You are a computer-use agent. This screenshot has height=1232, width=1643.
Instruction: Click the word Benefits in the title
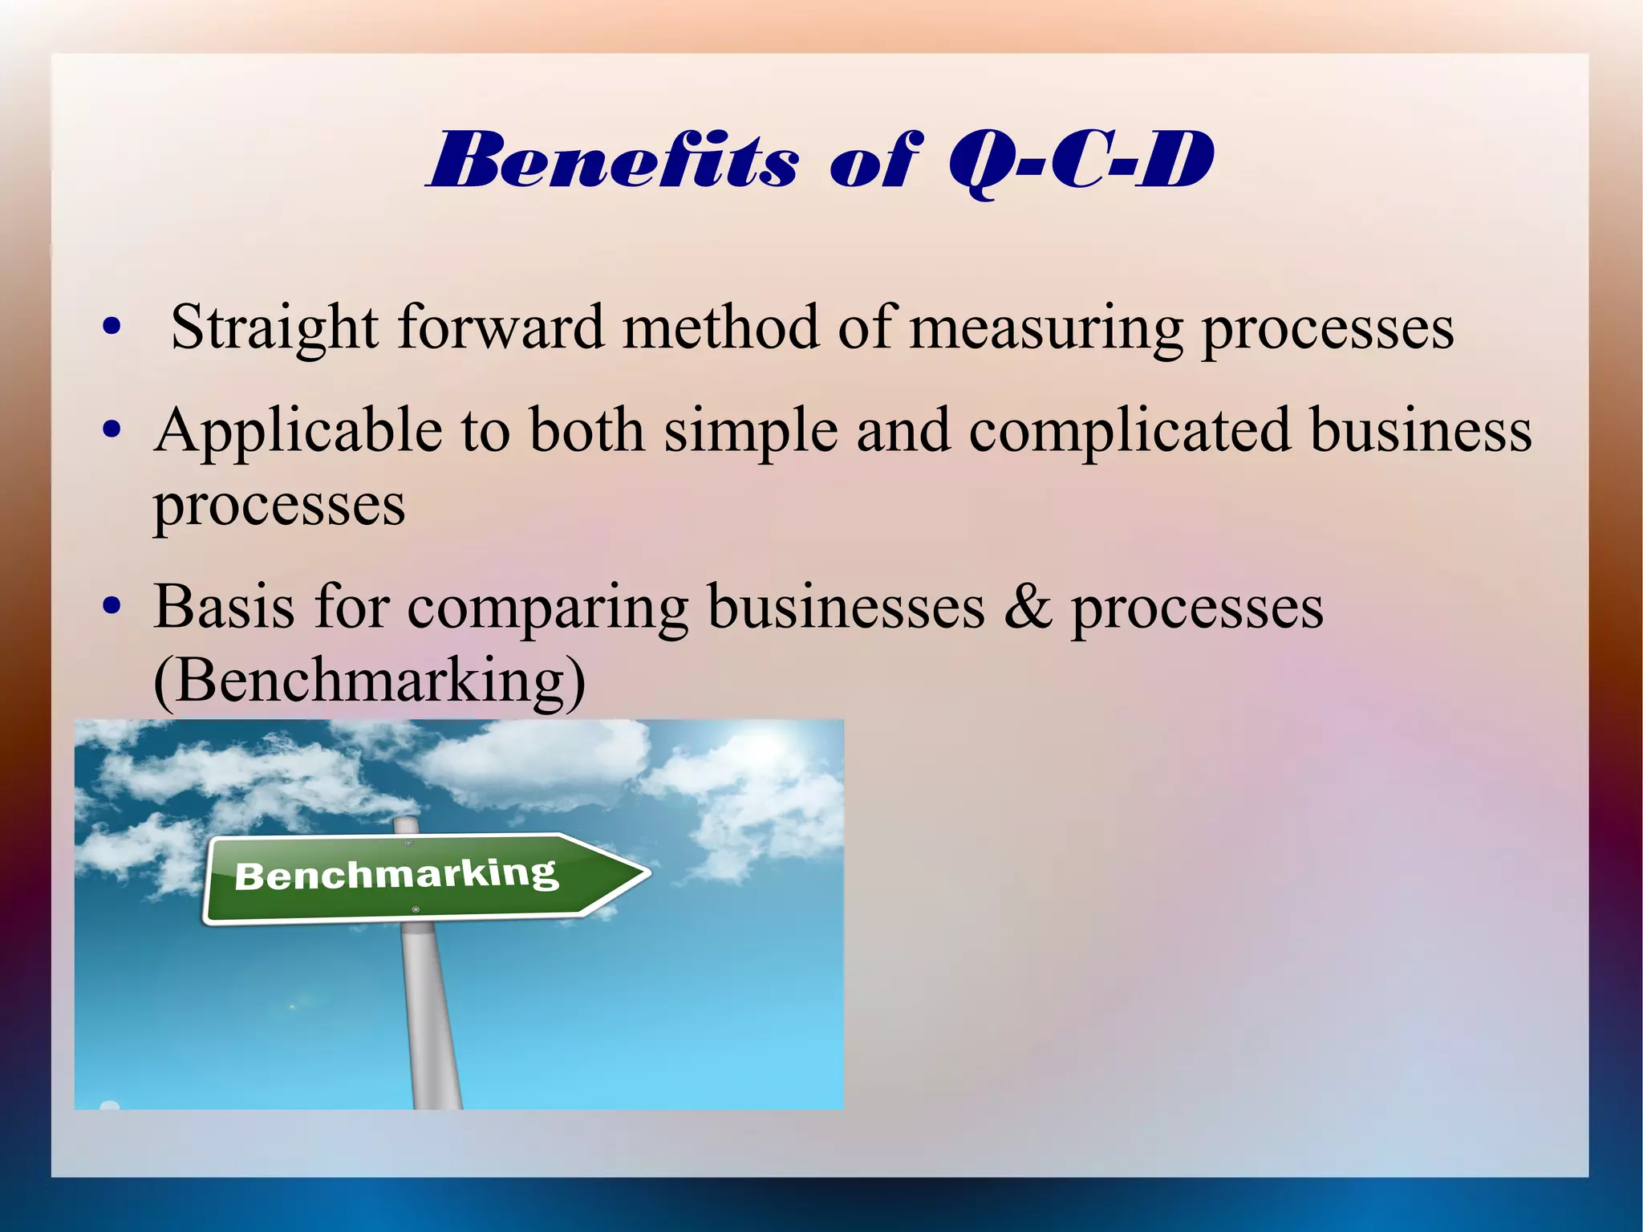(614, 161)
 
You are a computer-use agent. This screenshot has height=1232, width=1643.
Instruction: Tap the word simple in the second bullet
(751, 432)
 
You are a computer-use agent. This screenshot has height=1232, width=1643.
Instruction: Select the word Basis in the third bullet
(225, 607)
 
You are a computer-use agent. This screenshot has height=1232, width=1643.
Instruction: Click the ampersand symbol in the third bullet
(1028, 607)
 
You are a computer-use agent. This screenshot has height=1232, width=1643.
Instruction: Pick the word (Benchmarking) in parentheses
(369, 681)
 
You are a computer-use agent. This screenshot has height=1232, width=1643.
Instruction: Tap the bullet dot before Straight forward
(112, 327)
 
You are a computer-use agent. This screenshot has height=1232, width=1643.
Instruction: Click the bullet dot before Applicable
(112, 430)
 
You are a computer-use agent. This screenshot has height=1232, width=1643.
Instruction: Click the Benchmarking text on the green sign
(396, 874)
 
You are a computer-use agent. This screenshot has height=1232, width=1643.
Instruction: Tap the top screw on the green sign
(408, 844)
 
